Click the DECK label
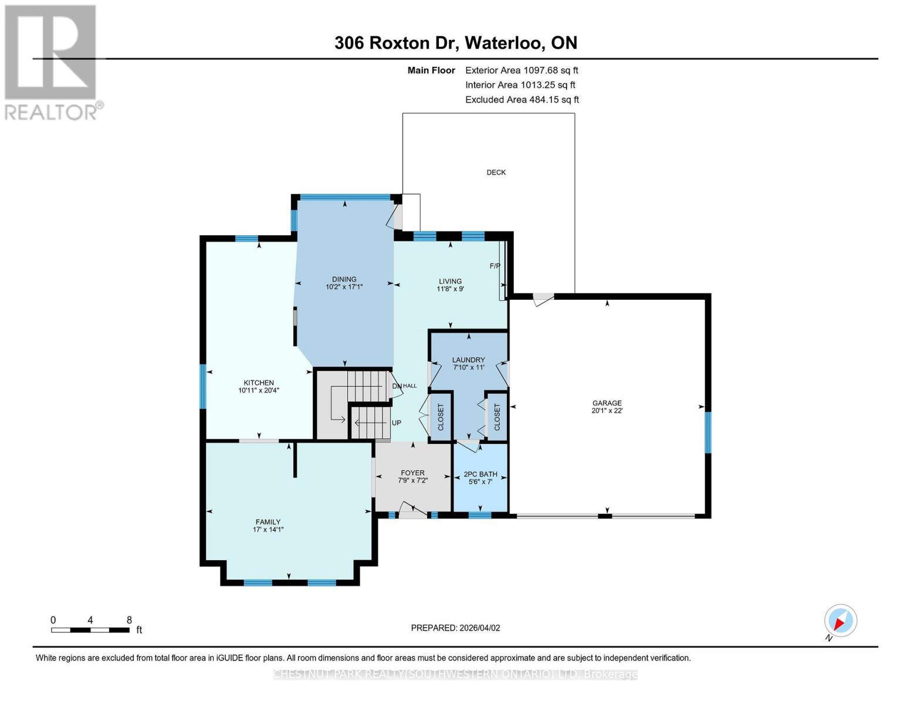tap(496, 172)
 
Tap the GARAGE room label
tap(607, 403)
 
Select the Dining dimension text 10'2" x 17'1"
tap(344, 287)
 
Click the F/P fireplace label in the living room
tap(495, 266)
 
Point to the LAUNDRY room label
tap(468, 360)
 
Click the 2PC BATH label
tap(480, 474)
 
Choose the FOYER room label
tap(412, 472)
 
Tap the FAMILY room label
tap(267, 522)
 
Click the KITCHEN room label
tap(259, 383)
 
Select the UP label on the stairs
tap(397, 423)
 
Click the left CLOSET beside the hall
tap(441, 417)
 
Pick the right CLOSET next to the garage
tap(497, 417)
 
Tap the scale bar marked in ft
tap(90, 630)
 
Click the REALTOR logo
tap(52, 62)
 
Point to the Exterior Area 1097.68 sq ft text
tap(521, 70)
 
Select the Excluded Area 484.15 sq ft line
tap(521, 100)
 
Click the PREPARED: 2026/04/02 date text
tap(455, 628)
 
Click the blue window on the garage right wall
tap(708, 433)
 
